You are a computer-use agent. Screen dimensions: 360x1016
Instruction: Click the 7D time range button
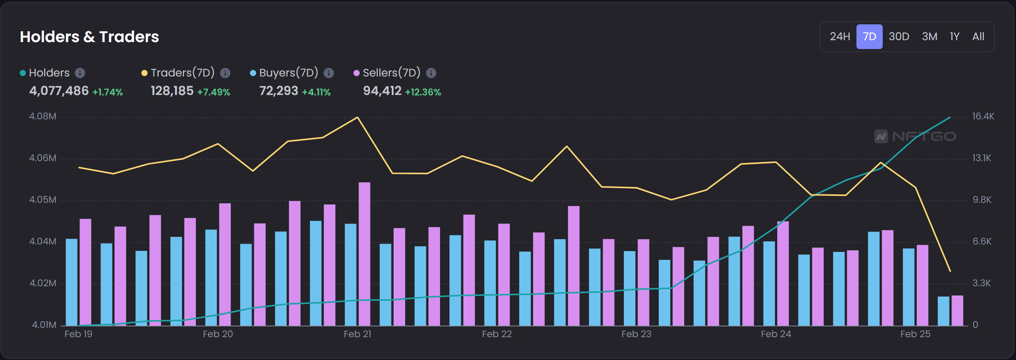869,37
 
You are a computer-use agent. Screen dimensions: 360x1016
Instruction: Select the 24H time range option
840,37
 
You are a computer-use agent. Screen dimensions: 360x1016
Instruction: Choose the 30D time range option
899,37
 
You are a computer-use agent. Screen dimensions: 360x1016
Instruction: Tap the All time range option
978,37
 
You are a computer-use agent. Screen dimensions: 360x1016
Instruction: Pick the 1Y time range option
954,37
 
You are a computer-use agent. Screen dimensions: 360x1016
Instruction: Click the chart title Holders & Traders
89,37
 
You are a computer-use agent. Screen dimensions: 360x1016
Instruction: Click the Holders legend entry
49,73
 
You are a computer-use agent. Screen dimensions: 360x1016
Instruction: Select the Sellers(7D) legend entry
391,73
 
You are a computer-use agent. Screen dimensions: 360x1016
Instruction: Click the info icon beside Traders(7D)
225,73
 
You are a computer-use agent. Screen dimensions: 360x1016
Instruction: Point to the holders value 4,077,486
59,91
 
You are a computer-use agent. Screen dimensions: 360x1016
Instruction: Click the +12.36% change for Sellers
423,92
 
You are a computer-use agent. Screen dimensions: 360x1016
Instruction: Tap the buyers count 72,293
279,91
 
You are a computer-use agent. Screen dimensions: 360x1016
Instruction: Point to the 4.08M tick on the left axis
42,116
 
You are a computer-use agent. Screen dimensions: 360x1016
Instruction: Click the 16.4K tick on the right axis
983,116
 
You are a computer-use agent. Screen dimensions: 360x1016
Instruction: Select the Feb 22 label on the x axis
496,334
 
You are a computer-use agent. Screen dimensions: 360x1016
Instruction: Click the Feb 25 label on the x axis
915,334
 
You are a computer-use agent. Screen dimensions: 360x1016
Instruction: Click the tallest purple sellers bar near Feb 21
364,252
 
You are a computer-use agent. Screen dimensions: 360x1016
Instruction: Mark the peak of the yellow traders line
357,117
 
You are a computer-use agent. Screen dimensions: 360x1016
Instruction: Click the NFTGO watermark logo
915,136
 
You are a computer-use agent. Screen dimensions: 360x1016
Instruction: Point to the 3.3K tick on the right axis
981,283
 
